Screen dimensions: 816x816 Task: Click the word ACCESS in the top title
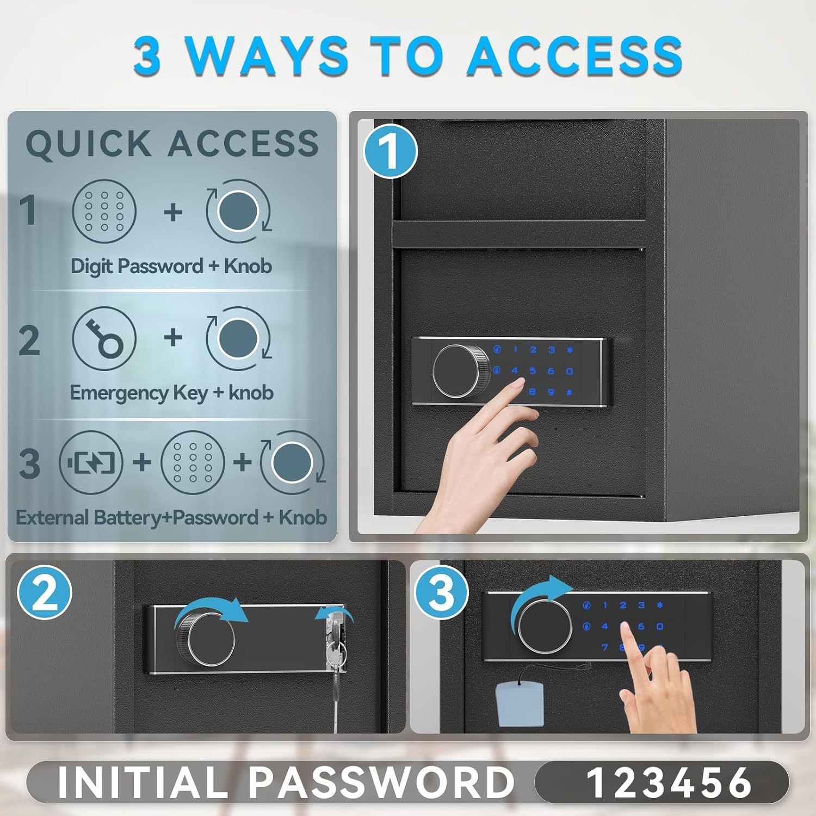[574, 56]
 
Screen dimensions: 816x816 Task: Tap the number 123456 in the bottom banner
[669, 783]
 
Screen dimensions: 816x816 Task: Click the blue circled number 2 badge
[45, 594]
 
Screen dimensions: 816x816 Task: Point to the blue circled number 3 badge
[441, 593]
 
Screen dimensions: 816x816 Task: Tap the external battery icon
[91, 463]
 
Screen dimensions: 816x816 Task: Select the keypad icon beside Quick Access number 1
[104, 211]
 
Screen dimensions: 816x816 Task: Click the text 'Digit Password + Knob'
[171, 266]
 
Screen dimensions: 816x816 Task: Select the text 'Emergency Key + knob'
[171, 392]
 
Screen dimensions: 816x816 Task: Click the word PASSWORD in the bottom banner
[381, 783]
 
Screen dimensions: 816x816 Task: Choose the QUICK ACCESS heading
[172, 144]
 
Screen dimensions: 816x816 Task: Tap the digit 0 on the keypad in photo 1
[569, 372]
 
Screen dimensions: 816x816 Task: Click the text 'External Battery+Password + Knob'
[171, 517]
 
